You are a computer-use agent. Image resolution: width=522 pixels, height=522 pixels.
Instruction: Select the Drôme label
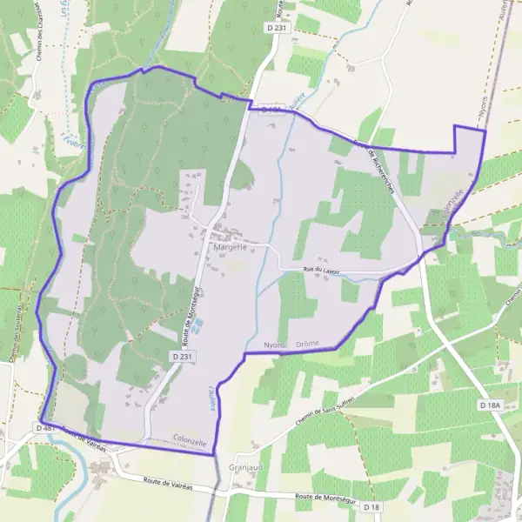(x=309, y=345)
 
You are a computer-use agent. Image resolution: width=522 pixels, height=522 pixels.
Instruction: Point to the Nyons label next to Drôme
(x=275, y=345)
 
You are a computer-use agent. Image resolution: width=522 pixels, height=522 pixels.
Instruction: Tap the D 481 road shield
(x=45, y=428)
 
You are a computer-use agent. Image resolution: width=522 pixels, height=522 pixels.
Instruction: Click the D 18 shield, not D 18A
(x=371, y=506)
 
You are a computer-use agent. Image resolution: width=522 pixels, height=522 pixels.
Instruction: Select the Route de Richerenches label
(x=375, y=165)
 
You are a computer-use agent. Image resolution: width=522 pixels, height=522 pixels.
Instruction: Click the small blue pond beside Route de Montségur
(x=197, y=325)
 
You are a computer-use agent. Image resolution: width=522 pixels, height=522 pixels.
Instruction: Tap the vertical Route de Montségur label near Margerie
(x=188, y=310)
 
